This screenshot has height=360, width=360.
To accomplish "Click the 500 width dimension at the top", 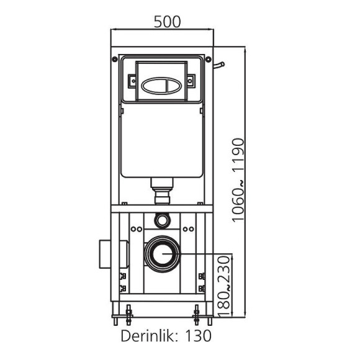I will (167, 21).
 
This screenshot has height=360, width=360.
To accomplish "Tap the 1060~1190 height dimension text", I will (239, 180).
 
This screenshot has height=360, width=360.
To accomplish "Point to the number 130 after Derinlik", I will (197, 336).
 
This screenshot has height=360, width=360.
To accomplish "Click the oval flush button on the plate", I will (161, 81).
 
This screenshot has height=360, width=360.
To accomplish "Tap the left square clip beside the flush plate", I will (132, 80).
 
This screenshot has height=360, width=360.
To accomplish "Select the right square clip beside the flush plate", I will (191, 80).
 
